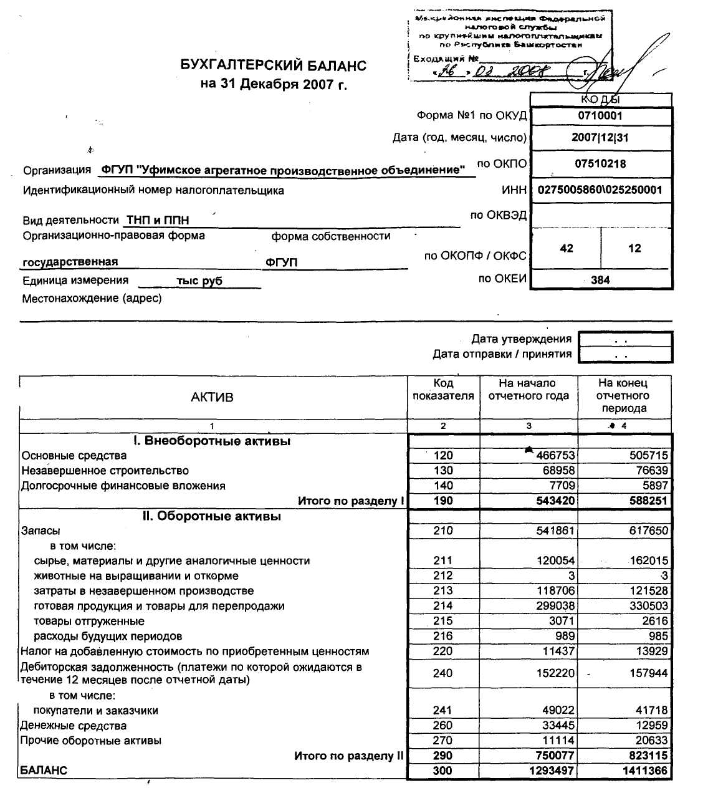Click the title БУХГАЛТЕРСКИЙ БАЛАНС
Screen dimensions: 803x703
(274, 65)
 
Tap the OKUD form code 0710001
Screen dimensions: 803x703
(600, 115)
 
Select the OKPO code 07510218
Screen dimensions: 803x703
(600, 164)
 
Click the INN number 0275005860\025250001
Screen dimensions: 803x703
(600, 190)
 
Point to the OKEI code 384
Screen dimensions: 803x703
(600, 280)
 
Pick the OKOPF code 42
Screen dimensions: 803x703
(567, 248)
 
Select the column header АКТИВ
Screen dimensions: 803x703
(212, 397)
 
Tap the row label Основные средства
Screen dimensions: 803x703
(74, 456)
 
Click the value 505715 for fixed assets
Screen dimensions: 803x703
(649, 456)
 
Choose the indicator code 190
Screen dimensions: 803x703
(443, 501)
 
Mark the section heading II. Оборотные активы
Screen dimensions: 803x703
(212, 516)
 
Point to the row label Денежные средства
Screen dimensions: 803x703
(74, 726)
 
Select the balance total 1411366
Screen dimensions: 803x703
(645, 771)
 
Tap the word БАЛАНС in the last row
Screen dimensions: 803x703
(44, 771)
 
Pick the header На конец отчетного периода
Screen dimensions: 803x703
(623, 396)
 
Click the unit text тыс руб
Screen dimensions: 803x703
(199, 281)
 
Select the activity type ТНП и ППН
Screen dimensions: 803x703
(158, 220)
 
